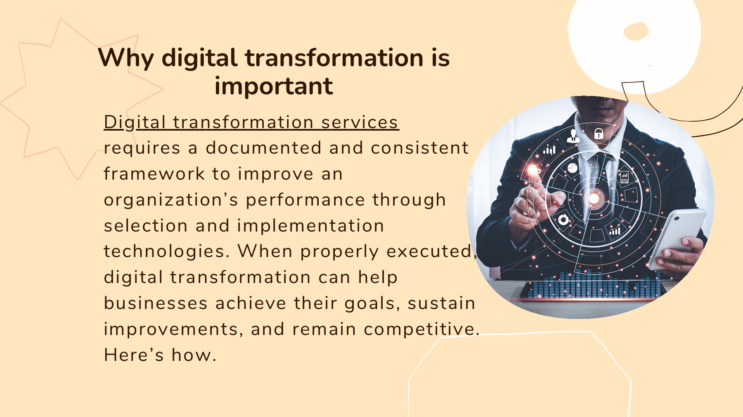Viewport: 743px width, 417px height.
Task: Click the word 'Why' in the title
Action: (x=125, y=58)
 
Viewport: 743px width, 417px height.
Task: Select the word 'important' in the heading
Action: (x=274, y=87)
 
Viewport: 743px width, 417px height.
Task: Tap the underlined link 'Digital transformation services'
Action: (x=251, y=122)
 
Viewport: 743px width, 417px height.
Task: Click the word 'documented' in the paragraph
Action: (x=263, y=148)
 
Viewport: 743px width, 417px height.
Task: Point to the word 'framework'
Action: (x=154, y=174)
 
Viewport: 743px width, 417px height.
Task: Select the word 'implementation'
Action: (x=310, y=226)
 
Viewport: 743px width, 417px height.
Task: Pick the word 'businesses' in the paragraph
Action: (x=156, y=304)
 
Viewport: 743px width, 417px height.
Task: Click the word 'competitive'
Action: (x=421, y=329)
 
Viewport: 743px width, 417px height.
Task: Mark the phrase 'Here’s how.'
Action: (x=160, y=355)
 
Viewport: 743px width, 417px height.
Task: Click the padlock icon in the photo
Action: (x=599, y=134)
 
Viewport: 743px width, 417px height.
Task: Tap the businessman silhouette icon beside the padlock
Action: (x=573, y=136)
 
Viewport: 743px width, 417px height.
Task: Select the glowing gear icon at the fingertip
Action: (x=534, y=170)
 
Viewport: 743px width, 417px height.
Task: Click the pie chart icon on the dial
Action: (x=572, y=168)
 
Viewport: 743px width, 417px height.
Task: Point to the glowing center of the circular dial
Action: (x=594, y=199)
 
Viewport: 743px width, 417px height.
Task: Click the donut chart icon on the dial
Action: (x=563, y=220)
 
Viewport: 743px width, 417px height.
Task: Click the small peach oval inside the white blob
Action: (x=636, y=31)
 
